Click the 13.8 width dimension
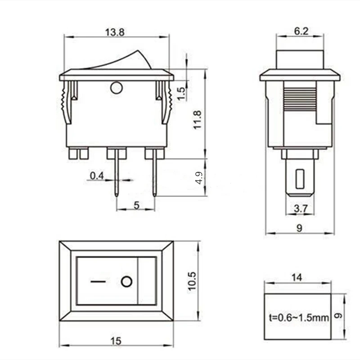point(115,32)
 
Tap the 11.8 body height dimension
point(198,120)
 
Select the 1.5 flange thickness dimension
point(181,94)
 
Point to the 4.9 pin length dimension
point(199,178)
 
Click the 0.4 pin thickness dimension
point(97,175)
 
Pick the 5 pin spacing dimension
point(136,205)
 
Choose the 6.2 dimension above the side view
point(301,31)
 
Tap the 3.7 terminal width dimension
point(301,209)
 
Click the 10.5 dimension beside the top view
point(192,281)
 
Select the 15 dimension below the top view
point(116,341)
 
